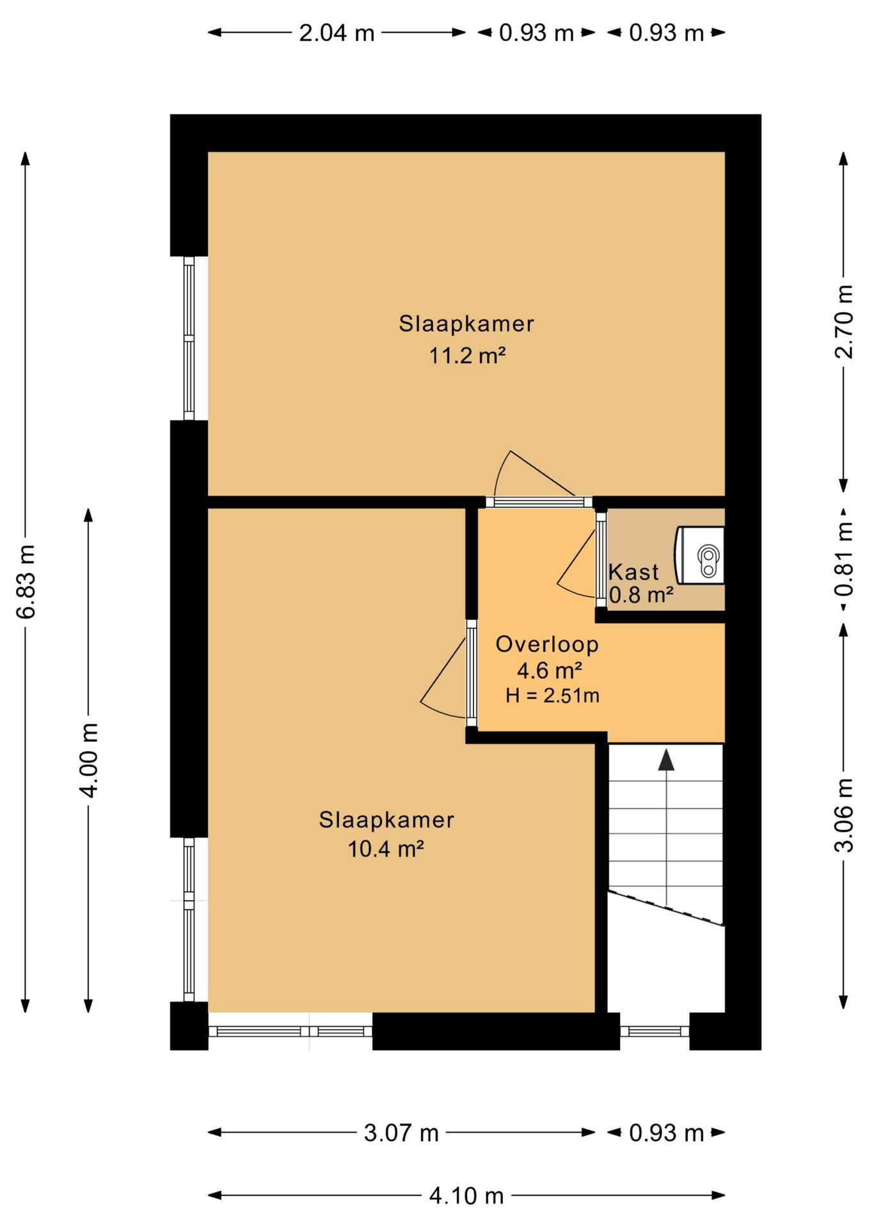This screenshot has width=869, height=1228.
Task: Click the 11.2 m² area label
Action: pos(467,355)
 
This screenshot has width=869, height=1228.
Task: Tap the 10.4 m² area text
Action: pos(386,849)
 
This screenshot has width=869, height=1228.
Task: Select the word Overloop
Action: pos(547,644)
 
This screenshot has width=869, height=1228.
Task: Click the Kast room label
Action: pos(633,571)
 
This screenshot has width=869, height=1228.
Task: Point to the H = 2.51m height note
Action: pos(552,695)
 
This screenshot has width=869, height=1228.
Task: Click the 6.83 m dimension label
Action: pos(26,582)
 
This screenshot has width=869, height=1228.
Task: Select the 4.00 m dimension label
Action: pos(89,760)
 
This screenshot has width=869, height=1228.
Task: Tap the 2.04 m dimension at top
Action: pos(337,33)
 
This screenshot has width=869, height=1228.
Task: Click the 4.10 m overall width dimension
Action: pos(466,1195)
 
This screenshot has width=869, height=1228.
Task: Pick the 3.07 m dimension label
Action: pos(401,1133)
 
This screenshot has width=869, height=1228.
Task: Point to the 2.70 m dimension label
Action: pos(844,322)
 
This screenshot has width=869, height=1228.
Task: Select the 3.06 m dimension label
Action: pos(844,815)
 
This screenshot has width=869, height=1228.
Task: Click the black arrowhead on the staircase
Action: pos(666,759)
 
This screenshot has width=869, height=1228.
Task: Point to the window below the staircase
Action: pos(655,1031)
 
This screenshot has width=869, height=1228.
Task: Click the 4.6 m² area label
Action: pos(550,671)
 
